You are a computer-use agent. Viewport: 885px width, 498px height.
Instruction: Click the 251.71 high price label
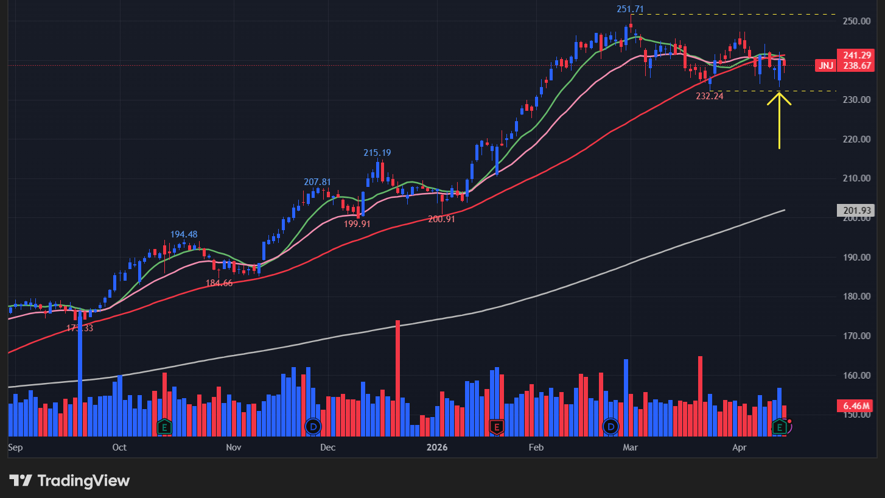pyautogui.click(x=629, y=9)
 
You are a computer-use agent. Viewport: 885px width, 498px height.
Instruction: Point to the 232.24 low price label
pyautogui.click(x=709, y=96)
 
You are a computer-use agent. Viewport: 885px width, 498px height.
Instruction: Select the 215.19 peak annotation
pyautogui.click(x=377, y=153)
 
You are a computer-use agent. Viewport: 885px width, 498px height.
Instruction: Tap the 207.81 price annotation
pyautogui.click(x=317, y=182)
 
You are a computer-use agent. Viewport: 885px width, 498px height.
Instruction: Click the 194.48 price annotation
pyautogui.click(x=183, y=234)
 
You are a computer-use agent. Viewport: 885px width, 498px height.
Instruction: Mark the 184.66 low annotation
pyautogui.click(x=219, y=283)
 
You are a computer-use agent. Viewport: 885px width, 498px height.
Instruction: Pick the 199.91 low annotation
pyautogui.click(x=357, y=223)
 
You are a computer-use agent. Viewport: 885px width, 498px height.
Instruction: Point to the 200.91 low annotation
pyautogui.click(x=441, y=219)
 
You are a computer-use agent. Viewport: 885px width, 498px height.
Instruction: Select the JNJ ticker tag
pyautogui.click(x=825, y=66)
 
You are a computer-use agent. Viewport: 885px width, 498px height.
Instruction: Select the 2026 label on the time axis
pyautogui.click(x=437, y=447)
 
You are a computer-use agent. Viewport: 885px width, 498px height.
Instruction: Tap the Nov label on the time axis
pyautogui.click(x=233, y=447)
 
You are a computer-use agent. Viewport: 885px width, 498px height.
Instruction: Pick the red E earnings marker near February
pyautogui.click(x=496, y=427)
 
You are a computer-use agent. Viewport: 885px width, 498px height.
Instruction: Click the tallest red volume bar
pyautogui.click(x=397, y=377)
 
